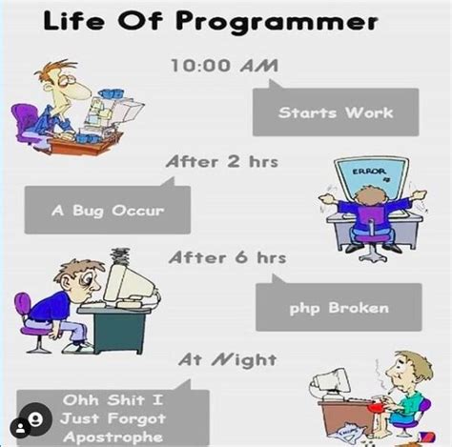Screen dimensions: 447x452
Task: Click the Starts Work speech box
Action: pos(335,112)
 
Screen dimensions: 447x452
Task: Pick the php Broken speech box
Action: pos(338,308)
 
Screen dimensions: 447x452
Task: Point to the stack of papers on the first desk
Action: pos(94,104)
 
